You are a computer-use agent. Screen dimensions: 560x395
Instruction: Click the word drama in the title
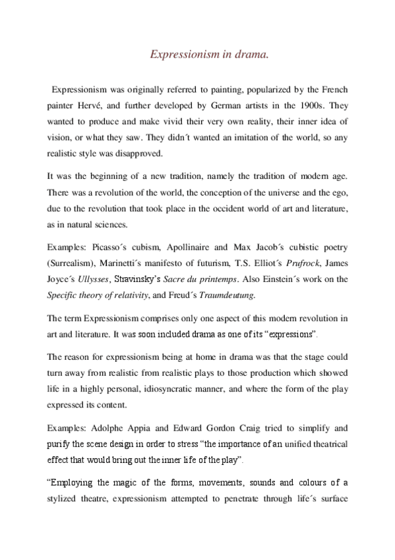coord(254,56)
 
